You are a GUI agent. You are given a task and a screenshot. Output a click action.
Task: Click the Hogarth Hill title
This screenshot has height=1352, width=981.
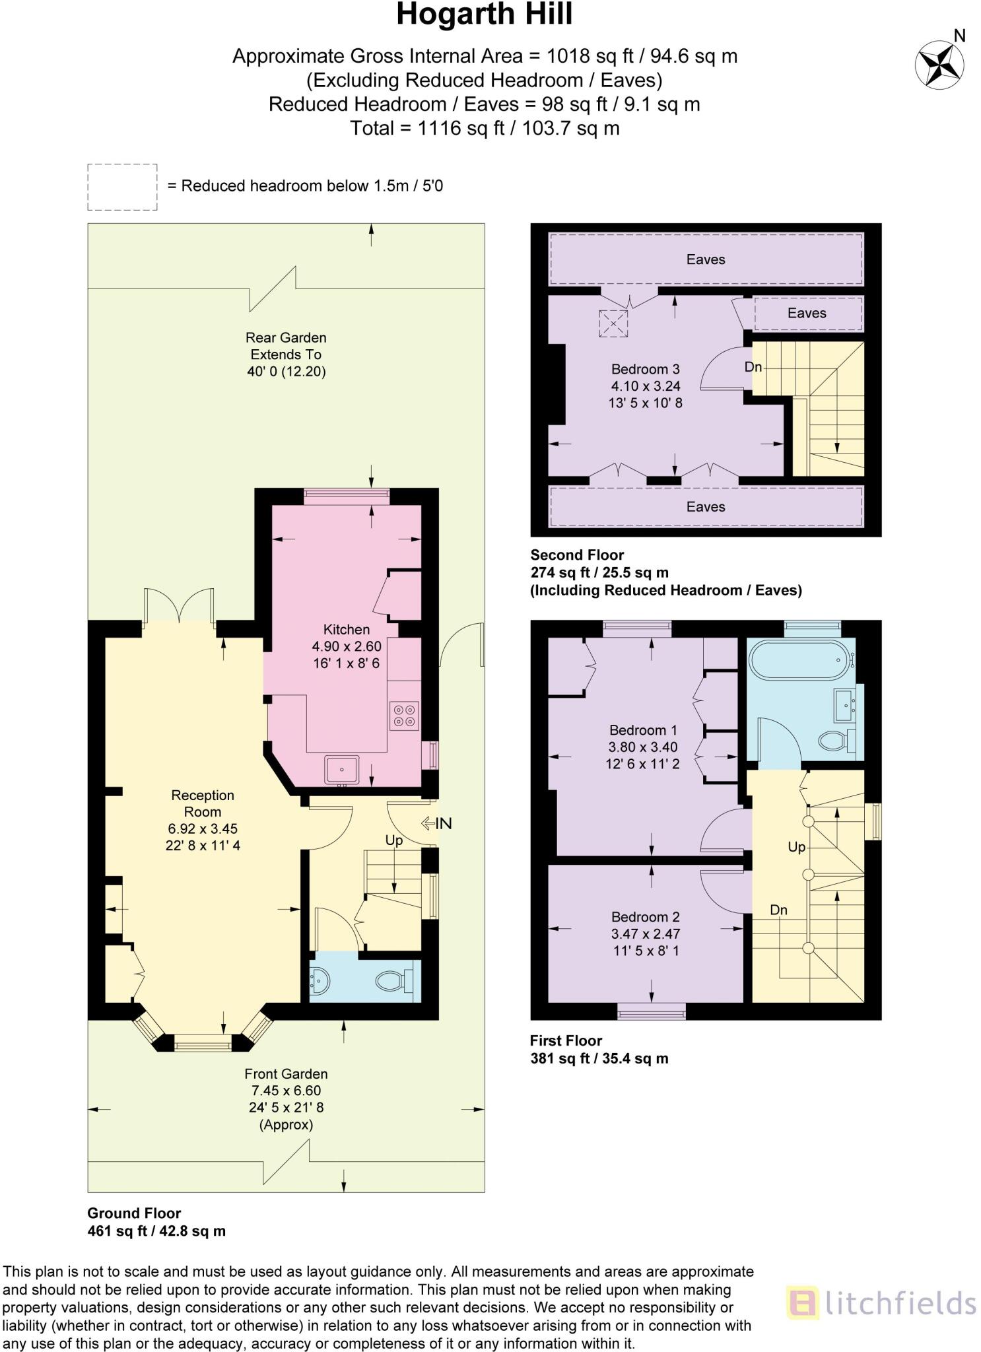coord(484,15)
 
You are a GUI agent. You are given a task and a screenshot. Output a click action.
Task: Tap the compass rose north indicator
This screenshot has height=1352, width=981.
coord(940,64)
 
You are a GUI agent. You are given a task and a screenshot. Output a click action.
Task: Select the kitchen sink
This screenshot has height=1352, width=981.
coord(342,770)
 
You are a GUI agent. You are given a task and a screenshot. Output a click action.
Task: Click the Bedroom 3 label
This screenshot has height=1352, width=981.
coord(645,369)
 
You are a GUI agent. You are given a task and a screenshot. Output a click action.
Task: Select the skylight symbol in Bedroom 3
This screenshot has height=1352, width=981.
coord(613,324)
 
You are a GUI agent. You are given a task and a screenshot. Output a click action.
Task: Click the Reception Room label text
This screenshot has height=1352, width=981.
coord(203,803)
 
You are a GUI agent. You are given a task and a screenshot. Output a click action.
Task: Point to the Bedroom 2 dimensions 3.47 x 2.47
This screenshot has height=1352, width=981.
coord(645,933)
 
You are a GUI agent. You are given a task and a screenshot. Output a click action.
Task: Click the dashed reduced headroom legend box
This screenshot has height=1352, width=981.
coord(122,187)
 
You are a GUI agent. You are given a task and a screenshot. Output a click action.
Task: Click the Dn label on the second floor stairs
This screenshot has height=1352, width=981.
coord(753,367)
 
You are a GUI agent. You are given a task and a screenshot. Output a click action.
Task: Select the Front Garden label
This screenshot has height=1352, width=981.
coord(286,1074)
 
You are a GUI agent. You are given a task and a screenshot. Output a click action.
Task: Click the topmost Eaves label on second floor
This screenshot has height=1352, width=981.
coord(705,259)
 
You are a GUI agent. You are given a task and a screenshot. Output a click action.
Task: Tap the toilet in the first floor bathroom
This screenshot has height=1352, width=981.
coord(834,741)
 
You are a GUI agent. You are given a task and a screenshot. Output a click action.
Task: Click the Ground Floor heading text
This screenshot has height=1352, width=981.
coord(134,1213)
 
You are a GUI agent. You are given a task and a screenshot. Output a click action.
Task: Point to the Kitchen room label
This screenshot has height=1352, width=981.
coord(346,629)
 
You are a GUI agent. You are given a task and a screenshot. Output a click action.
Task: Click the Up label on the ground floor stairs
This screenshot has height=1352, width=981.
coord(393,840)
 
